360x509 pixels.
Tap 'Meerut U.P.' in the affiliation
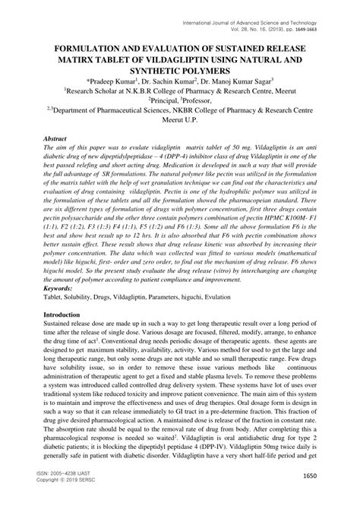(179, 119)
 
